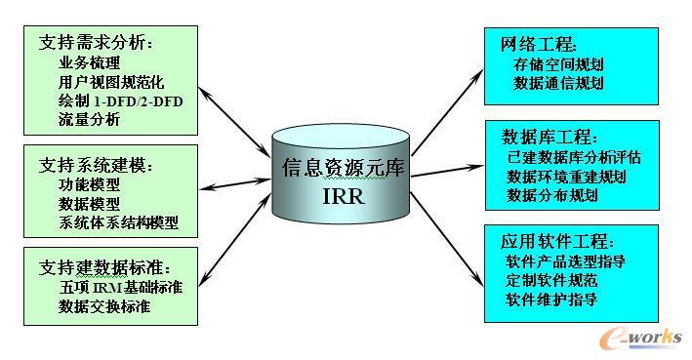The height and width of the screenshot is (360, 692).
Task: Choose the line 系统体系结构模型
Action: (118, 222)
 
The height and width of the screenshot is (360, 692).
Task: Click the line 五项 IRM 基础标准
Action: (120, 288)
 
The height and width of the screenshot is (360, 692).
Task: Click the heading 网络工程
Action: (539, 44)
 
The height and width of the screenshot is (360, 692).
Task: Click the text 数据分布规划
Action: (552, 195)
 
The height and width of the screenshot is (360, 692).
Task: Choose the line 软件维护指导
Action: (552, 300)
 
